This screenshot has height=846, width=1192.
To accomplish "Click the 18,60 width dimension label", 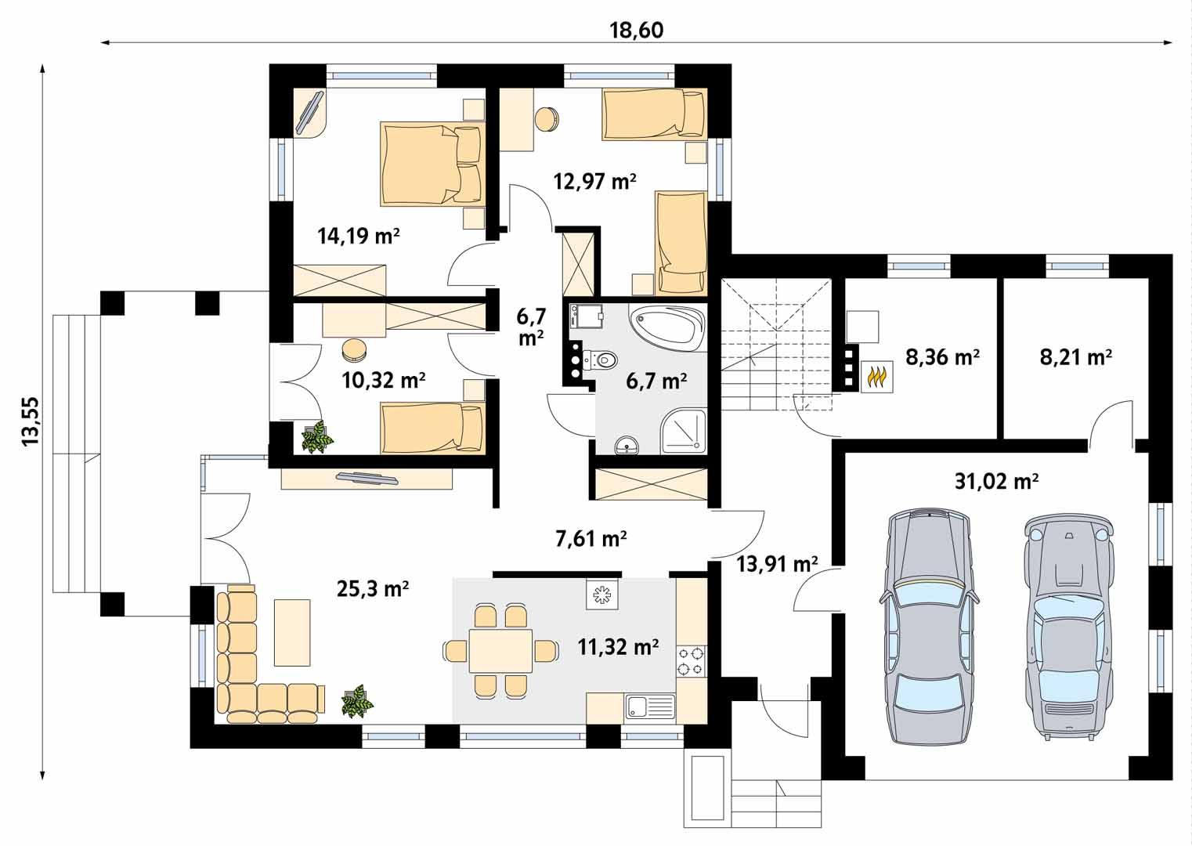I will [636, 30].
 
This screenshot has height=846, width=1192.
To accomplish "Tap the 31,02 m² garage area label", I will [996, 481].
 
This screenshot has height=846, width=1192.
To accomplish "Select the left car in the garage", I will [929, 627].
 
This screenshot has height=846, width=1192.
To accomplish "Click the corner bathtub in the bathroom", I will [667, 328].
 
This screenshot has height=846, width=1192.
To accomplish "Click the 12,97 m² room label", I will [594, 182].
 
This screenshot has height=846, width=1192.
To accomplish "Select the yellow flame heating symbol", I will [876, 377].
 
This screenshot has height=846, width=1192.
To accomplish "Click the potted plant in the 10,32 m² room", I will [318, 437].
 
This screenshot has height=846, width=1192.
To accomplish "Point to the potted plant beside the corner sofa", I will [357, 701].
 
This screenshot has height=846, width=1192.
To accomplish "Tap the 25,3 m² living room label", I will [373, 589].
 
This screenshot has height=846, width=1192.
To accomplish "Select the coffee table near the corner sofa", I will [291, 631].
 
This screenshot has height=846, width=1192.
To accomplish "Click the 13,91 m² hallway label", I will [777, 563].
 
